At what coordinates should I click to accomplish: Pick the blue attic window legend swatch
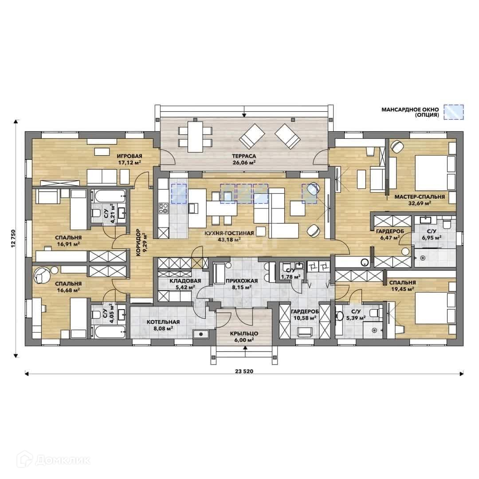[454, 112]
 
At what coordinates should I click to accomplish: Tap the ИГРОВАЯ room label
[129, 156]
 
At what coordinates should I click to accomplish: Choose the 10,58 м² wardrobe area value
[304, 318]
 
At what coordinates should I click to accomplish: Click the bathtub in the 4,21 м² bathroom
[108, 196]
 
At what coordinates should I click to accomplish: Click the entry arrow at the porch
[245, 349]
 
